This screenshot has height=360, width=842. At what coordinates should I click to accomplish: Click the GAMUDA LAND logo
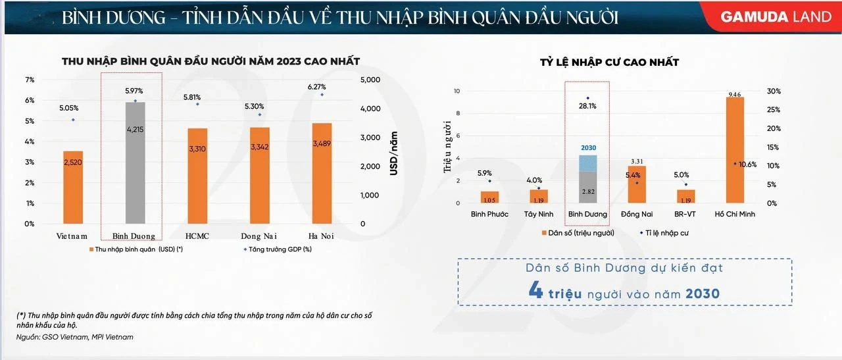tap(776, 17)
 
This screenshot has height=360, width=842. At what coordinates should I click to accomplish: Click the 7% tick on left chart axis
tap(30, 80)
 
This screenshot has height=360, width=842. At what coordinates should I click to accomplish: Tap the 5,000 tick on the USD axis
tap(372, 80)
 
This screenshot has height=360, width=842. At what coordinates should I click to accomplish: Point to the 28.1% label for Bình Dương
tap(587, 106)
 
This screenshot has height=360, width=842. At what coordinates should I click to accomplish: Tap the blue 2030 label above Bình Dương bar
tap(588, 148)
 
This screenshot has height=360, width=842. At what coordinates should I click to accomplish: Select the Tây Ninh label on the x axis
tap(539, 215)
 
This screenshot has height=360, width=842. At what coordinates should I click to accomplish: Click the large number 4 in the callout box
tap(536, 292)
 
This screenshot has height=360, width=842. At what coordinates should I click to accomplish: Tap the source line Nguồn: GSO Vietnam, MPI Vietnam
tap(75, 338)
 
